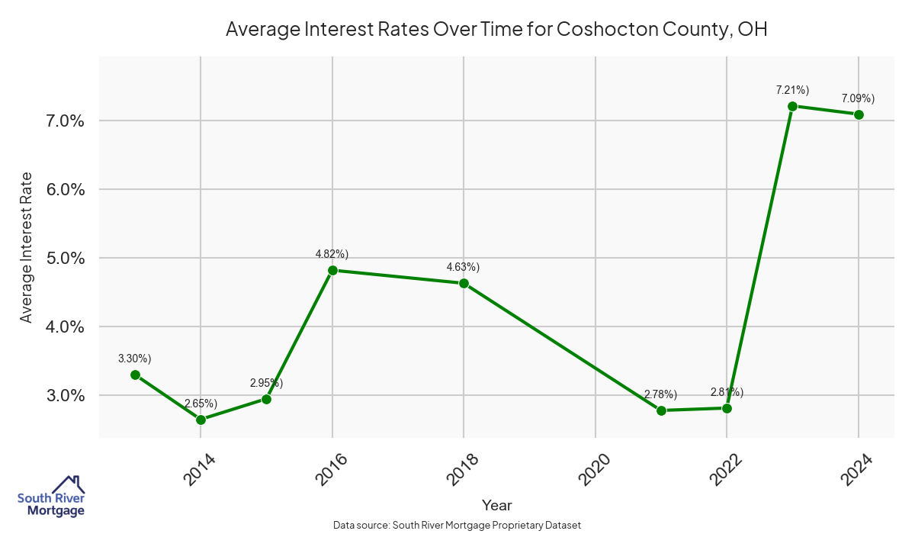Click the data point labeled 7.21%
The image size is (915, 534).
(x=792, y=106)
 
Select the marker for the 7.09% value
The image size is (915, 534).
(x=859, y=114)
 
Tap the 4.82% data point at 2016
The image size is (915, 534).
(x=332, y=270)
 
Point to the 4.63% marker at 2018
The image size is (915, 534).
(x=464, y=283)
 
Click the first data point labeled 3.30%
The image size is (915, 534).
(x=135, y=375)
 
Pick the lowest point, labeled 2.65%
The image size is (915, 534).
(x=201, y=420)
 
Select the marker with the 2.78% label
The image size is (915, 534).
(x=661, y=410)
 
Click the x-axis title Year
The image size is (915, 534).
(x=496, y=505)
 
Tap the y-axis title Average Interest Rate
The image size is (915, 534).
(x=27, y=246)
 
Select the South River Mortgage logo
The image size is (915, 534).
(x=51, y=497)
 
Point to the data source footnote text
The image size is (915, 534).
(x=457, y=525)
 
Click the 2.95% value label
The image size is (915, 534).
(x=266, y=383)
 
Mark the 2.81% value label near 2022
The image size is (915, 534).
(x=726, y=393)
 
